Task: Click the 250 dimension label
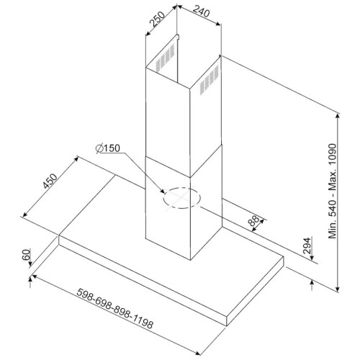coord(158,19)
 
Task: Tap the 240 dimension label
coord(201,12)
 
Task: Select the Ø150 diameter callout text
coord(107,148)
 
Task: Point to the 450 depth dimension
coord(50,181)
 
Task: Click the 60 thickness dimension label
coord(26,254)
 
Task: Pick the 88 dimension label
coord(253,220)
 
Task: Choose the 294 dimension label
coord(307,246)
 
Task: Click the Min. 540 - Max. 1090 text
coord(333,191)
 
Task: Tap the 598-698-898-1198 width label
coord(114,309)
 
